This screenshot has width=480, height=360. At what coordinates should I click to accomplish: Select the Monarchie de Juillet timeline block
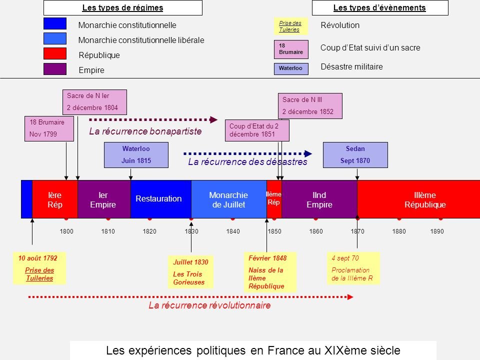228,199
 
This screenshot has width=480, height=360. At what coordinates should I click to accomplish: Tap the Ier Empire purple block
103,199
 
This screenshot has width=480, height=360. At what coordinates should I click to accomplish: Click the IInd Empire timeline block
319,199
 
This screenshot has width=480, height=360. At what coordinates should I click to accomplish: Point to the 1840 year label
233,232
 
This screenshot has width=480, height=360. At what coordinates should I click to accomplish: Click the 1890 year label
437,232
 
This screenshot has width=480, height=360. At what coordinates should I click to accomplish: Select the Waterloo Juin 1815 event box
136,155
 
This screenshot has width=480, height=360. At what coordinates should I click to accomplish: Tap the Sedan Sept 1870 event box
355,155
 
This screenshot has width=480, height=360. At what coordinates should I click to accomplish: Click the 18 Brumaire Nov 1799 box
48,128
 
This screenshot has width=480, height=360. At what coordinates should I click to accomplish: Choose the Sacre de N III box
309,106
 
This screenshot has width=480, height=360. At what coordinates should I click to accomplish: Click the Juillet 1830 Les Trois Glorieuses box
190,272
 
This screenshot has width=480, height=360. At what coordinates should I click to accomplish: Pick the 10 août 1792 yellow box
39,268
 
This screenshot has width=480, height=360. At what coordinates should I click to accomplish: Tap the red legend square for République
54,54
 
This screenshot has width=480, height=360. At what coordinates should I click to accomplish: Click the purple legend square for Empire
54,69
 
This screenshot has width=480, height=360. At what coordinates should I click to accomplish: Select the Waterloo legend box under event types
291,68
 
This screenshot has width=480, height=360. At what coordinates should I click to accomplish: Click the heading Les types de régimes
122,7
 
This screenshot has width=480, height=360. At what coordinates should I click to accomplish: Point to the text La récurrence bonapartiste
145,131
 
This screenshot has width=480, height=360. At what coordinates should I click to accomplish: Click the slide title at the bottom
253,350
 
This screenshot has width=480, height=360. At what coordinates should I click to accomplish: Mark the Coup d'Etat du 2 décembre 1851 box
257,130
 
